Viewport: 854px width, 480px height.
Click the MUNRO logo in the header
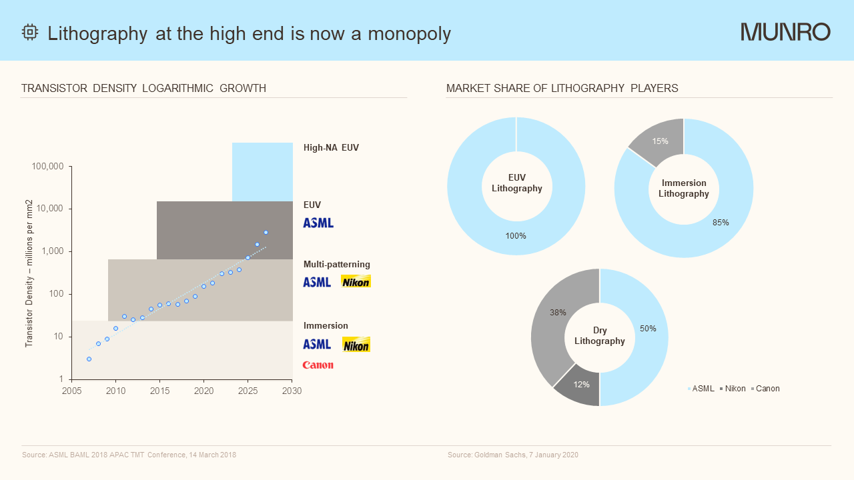785,32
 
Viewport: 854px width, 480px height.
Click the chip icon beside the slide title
30,33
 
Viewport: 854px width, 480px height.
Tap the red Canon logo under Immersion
318,365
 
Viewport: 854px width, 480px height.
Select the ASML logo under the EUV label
318,223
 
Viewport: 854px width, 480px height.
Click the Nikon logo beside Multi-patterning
356,281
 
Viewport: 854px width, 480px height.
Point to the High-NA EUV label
331,147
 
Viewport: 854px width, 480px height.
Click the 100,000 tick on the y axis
47,166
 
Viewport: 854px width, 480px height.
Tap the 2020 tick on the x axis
203,391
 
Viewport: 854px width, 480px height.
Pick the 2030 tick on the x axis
292,391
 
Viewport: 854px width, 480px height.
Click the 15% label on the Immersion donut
661,141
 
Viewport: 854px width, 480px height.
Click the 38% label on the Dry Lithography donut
558,312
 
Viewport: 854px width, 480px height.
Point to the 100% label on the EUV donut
516,235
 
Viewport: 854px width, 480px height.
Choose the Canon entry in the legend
767,389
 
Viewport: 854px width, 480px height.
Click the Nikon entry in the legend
735,389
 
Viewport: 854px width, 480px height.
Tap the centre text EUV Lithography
516,183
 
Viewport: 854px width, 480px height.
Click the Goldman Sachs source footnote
512,455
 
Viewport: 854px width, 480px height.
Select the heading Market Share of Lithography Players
562,88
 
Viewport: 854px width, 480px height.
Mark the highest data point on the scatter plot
266,232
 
